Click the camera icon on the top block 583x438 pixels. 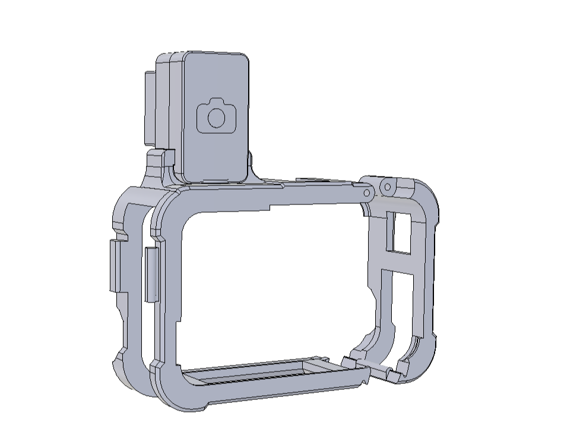click(x=216, y=115)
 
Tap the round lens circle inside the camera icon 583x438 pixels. click(x=217, y=118)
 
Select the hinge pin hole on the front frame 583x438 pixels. click(x=367, y=193)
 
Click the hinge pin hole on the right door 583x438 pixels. click(x=387, y=187)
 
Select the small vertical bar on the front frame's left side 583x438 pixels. click(x=152, y=274)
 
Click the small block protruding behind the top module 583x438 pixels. click(x=149, y=107)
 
